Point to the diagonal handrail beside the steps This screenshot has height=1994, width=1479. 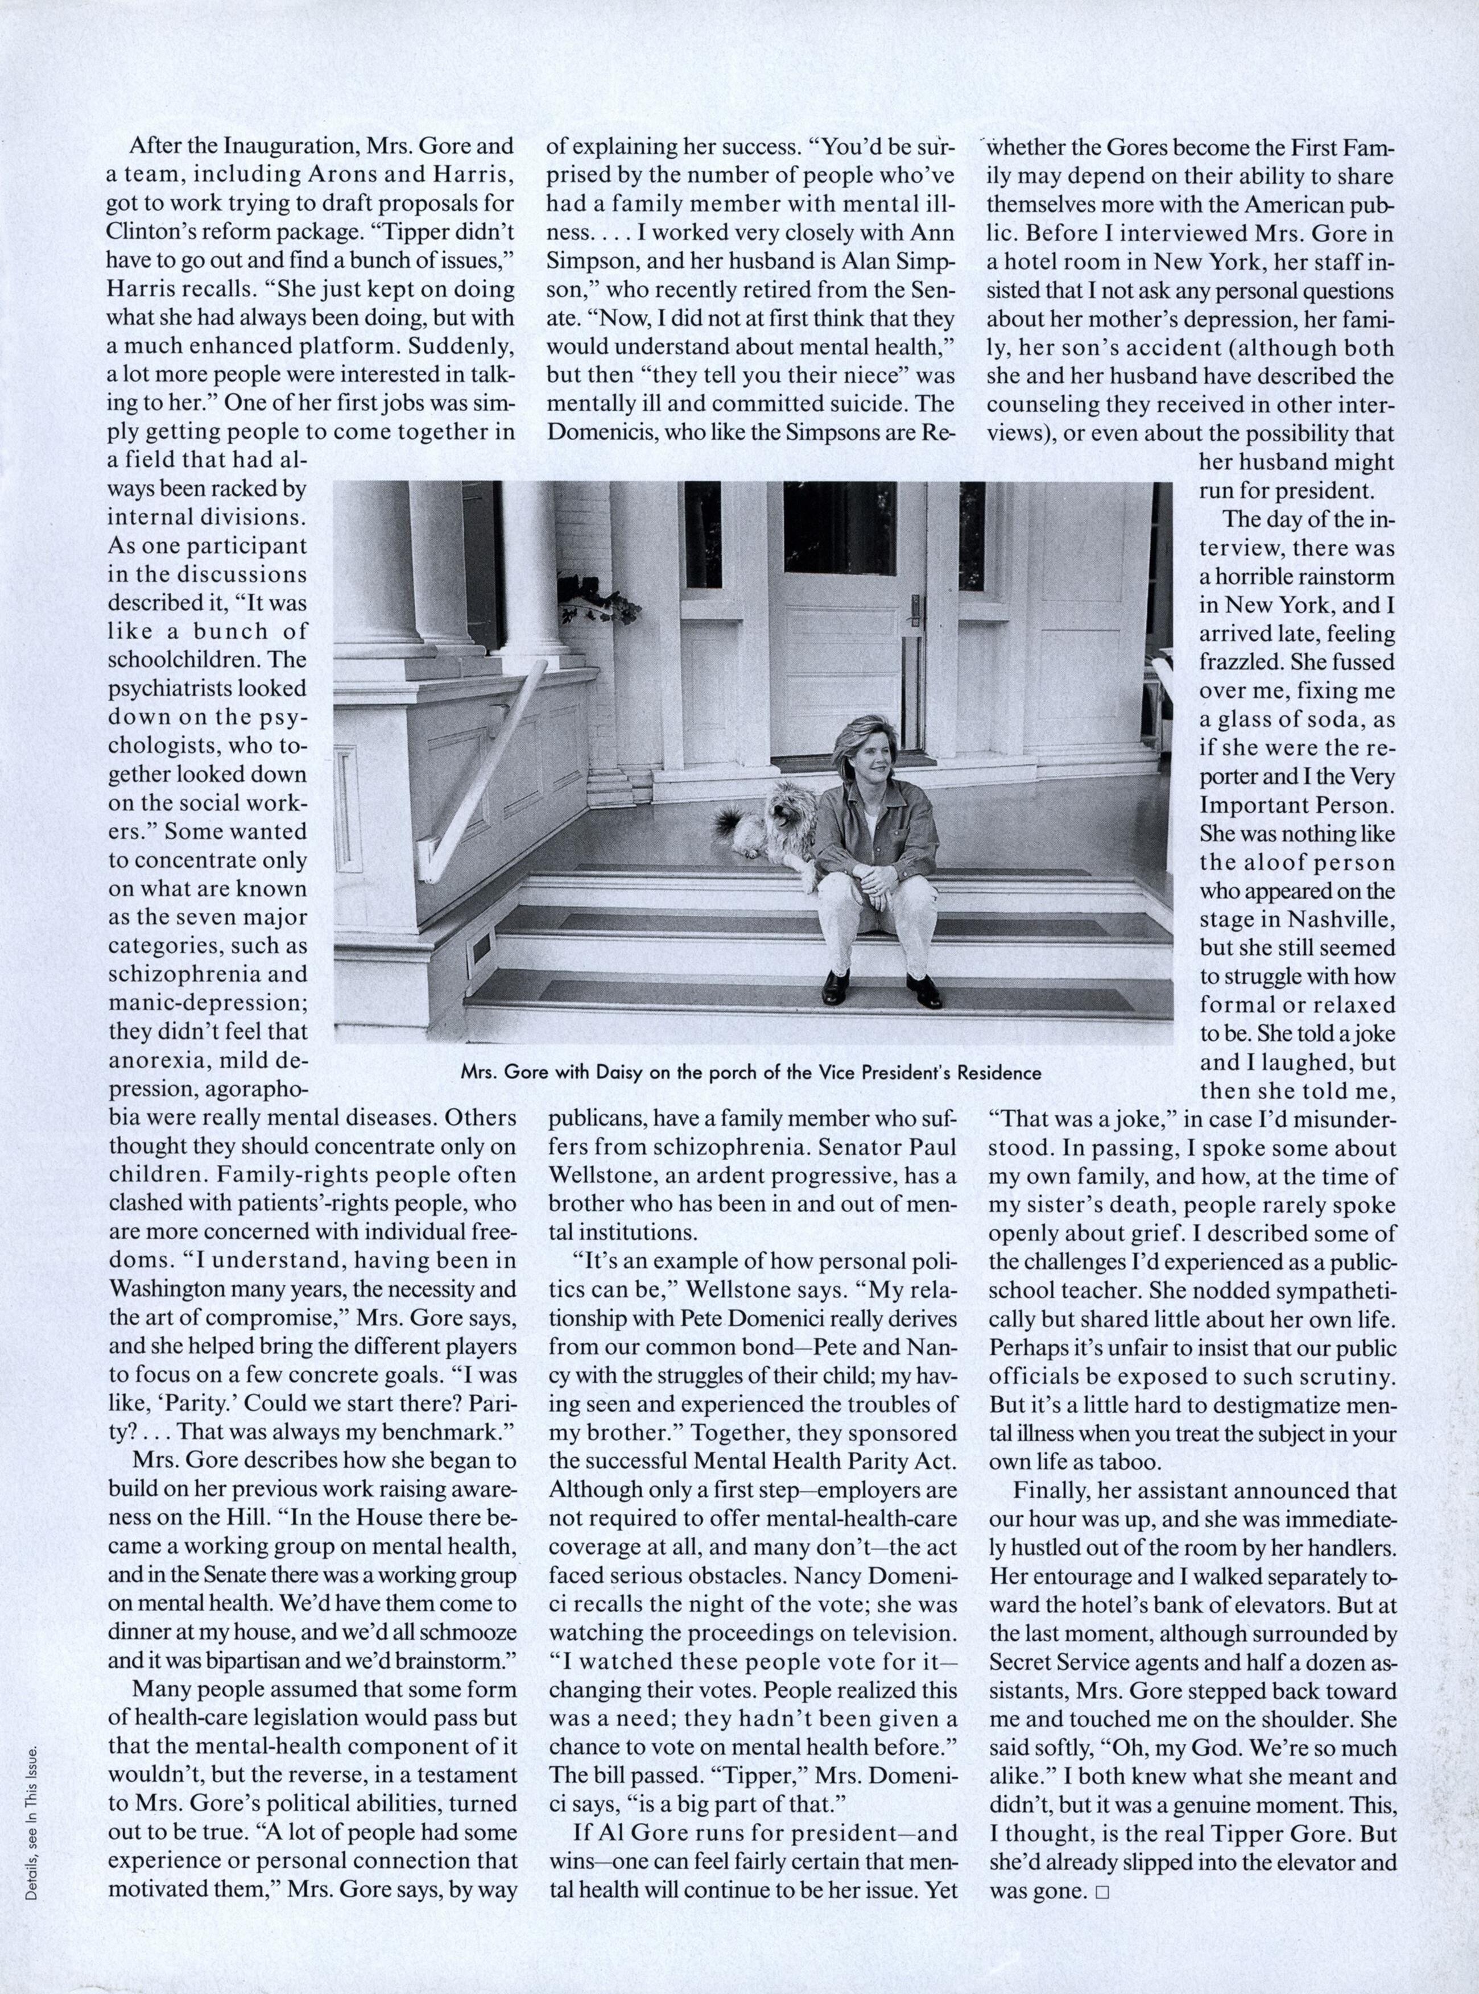[x=484, y=770]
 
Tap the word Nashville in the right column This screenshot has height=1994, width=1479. [x=1340, y=919]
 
